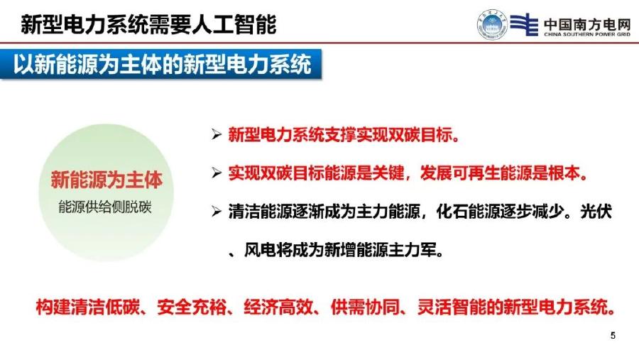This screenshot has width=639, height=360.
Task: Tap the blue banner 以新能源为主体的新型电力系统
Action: coord(163,65)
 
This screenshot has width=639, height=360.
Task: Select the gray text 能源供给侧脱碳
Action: coord(106,207)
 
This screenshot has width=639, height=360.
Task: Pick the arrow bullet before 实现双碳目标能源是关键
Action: coord(218,173)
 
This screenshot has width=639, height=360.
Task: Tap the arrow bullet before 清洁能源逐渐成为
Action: coord(218,212)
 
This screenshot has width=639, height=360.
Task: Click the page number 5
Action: coord(613,335)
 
